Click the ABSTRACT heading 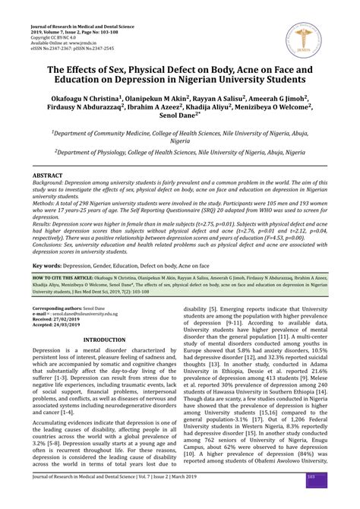point(48,175)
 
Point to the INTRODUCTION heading point(104,340)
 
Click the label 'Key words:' point(47,267)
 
